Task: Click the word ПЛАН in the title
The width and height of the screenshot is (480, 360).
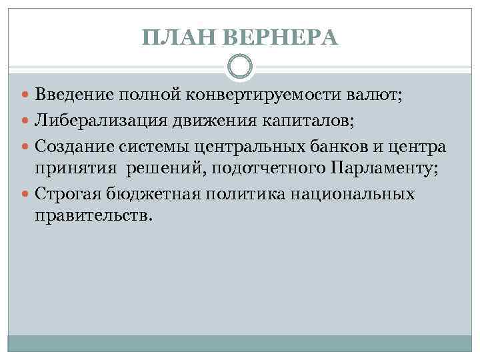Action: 171,38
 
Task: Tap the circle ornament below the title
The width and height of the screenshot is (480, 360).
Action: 240,67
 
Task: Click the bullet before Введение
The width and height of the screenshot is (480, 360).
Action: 25,97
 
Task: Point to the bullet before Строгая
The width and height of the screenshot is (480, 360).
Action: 25,195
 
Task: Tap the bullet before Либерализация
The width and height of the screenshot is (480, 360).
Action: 25,121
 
